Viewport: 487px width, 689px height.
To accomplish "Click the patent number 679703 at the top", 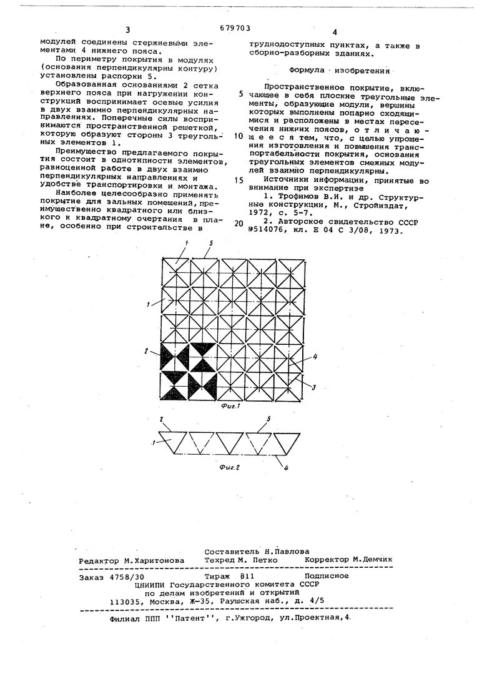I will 235,27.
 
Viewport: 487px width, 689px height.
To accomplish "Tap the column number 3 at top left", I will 127,30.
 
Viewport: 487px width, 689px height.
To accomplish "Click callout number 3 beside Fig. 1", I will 314,388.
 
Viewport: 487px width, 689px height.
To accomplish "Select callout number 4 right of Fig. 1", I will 315,357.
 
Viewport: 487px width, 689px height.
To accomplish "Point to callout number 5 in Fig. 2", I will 268,420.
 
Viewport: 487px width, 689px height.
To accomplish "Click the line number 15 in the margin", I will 240,180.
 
